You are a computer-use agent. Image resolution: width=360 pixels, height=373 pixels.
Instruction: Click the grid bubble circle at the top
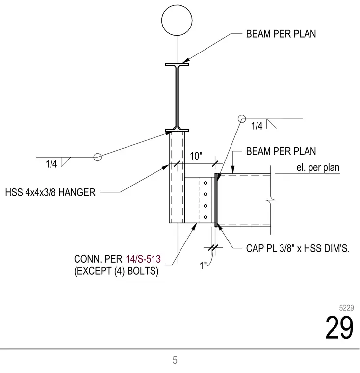click(x=177, y=5)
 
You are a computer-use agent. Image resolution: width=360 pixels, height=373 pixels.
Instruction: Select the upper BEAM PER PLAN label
click(x=281, y=34)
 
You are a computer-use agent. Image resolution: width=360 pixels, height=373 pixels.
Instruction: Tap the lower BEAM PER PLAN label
click(x=281, y=151)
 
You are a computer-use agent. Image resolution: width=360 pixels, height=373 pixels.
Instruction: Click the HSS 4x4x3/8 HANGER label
click(x=50, y=192)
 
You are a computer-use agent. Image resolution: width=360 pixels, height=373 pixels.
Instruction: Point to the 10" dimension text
click(x=196, y=156)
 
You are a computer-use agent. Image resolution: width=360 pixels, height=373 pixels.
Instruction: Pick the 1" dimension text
click(x=204, y=266)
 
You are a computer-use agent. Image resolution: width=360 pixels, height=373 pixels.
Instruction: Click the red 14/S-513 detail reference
click(x=143, y=259)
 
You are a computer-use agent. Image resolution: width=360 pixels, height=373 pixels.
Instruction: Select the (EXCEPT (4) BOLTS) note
click(x=116, y=271)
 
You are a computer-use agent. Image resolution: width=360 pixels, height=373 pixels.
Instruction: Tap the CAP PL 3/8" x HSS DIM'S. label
click(x=298, y=249)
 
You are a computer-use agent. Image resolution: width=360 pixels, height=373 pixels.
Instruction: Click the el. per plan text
click(x=318, y=168)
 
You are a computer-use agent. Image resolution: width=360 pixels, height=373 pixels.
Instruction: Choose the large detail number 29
click(x=339, y=327)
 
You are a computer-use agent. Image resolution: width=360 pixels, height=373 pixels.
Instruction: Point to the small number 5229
click(x=346, y=308)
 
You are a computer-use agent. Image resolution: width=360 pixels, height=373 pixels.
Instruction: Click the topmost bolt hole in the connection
click(x=206, y=183)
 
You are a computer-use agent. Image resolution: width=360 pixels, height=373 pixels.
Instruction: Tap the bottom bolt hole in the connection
click(x=206, y=217)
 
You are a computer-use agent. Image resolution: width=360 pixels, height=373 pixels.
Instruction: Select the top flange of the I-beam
click(x=177, y=64)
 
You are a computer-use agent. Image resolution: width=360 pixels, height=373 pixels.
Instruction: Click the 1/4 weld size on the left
click(x=51, y=164)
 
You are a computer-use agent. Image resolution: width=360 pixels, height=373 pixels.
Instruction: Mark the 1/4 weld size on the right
click(x=257, y=126)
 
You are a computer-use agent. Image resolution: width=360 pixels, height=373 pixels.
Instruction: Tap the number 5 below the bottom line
click(x=175, y=360)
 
